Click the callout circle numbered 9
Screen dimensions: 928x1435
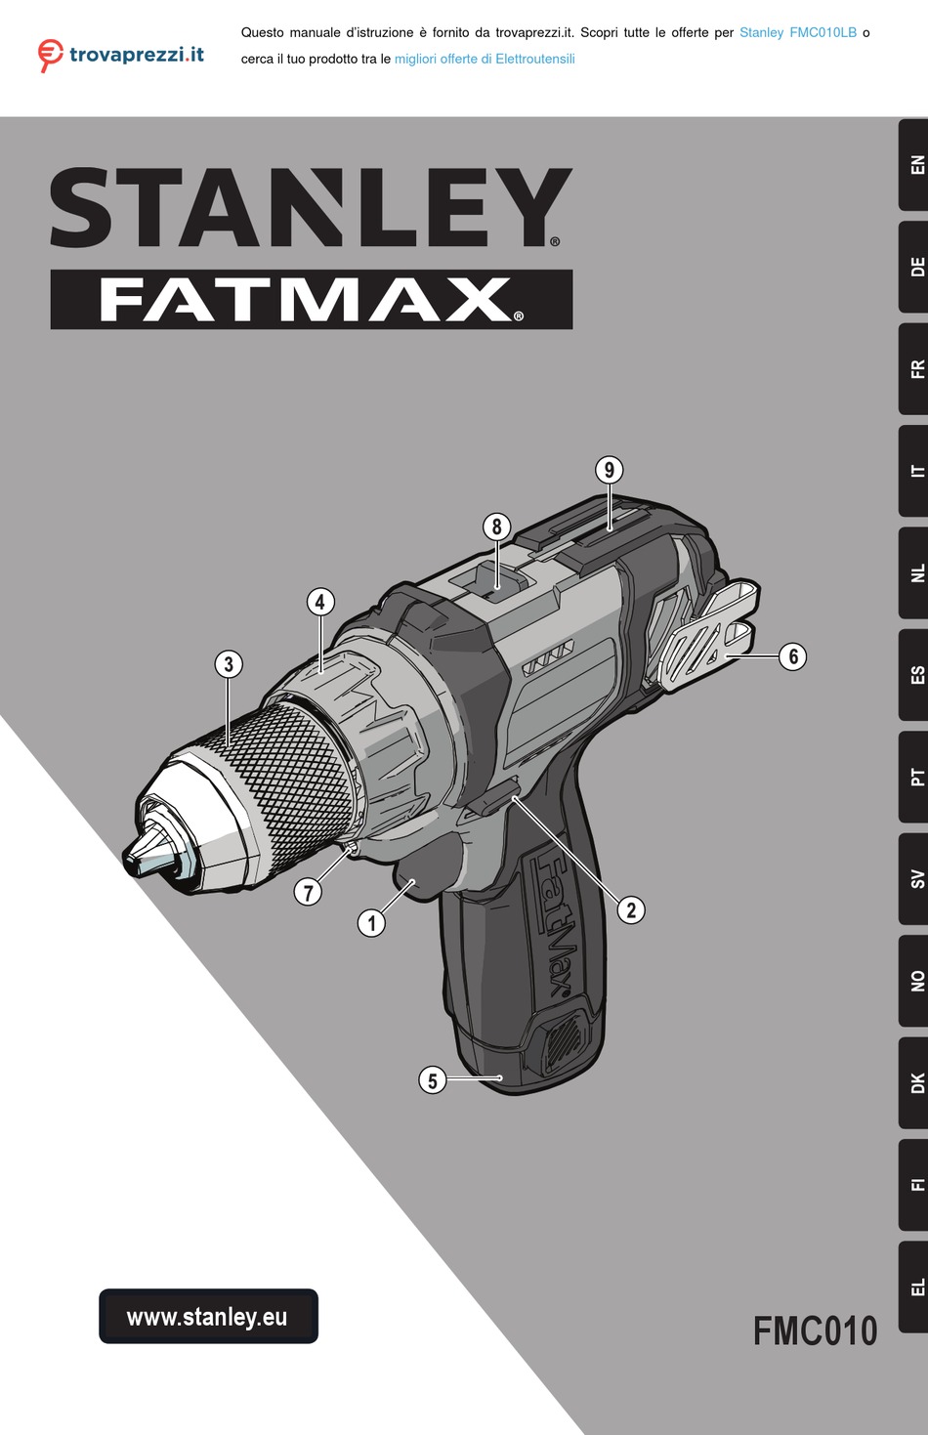[x=609, y=470]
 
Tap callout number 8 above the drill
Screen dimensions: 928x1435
[x=496, y=527]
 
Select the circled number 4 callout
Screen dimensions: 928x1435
[x=320, y=602]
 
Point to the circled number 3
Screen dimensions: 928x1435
[x=229, y=663]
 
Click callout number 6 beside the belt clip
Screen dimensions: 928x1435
[x=792, y=656]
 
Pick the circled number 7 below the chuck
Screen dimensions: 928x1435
[x=308, y=892]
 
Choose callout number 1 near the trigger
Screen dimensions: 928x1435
[x=371, y=923]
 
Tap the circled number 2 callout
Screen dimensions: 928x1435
[x=631, y=909]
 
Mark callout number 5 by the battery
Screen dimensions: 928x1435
[x=433, y=1079]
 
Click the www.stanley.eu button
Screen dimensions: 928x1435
[x=208, y=1316]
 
